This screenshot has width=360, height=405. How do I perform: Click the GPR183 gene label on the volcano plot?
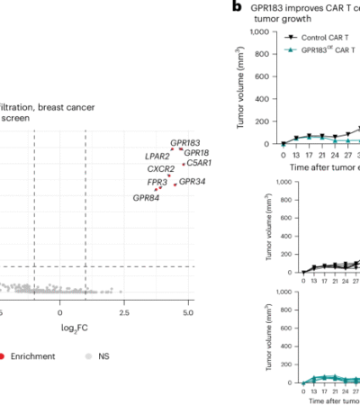click(185, 142)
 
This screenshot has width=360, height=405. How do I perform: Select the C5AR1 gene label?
click(200, 163)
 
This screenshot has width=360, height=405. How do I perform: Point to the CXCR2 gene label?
click(161, 168)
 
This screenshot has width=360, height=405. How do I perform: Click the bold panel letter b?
click(237, 6)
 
